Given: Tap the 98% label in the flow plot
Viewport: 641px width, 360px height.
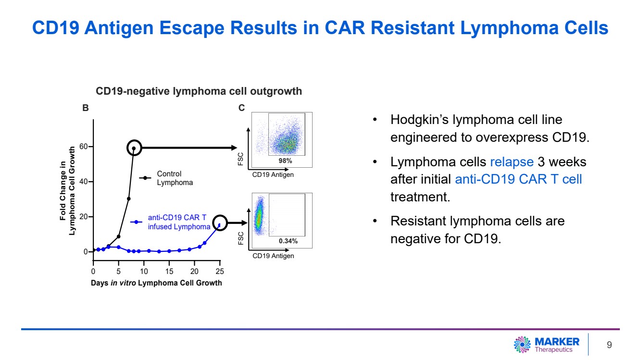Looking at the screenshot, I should [286, 161].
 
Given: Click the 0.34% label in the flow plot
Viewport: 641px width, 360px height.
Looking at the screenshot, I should [288, 241].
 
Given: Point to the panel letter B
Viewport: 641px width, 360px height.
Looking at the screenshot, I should [86, 108].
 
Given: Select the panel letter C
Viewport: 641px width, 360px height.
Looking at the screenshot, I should [242, 108].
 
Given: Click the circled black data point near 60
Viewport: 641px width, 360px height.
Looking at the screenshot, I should [134, 148].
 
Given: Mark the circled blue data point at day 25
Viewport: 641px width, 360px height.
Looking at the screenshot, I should [220, 223].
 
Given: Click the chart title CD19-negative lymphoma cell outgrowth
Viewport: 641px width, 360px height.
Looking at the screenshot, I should [199, 91].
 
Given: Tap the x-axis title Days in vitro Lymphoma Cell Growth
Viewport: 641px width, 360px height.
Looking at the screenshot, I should [156, 283].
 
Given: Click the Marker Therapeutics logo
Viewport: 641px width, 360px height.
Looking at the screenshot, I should [547, 344].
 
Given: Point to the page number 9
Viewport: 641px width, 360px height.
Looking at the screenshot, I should [609, 345].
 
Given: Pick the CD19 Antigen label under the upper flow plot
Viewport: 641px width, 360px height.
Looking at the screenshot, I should [273, 175].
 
